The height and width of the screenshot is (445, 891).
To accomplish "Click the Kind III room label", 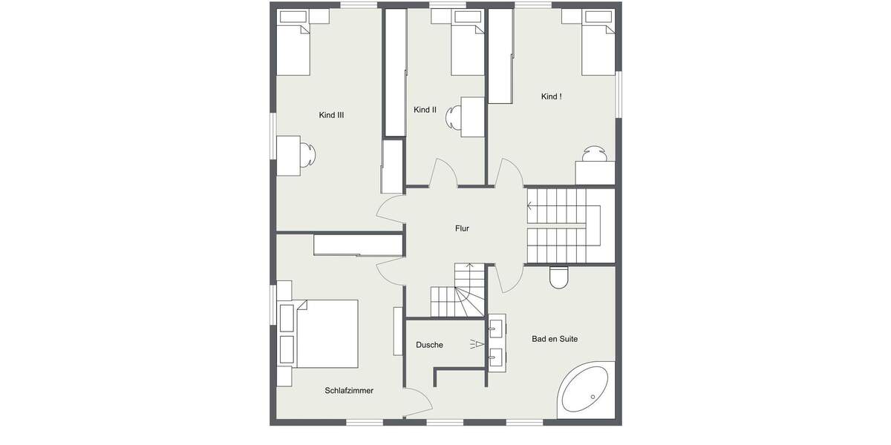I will click(x=331, y=115).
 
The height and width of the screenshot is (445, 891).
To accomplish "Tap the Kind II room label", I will click(x=425, y=110).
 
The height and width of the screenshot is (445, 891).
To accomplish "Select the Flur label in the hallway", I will click(x=462, y=228).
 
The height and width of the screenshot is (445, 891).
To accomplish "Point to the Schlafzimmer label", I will click(x=348, y=390).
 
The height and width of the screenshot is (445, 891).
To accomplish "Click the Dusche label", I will click(x=429, y=345).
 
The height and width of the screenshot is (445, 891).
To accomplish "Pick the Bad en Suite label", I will click(x=554, y=339).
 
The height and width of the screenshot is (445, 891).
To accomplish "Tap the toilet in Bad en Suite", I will click(x=559, y=277).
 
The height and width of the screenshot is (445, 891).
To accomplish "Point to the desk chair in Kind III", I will click(x=308, y=156).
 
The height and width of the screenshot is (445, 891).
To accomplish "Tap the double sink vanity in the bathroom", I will click(x=497, y=343).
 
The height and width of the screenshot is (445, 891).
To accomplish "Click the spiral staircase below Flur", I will click(x=457, y=292).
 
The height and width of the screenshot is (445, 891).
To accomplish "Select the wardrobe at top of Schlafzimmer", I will click(x=359, y=245).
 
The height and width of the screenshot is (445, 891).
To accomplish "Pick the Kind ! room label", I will click(x=551, y=97).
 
